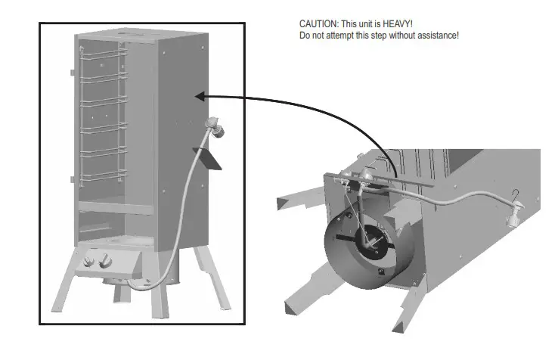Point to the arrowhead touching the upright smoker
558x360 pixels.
pos(200,96)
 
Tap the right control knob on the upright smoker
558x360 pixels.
pos(104,262)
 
